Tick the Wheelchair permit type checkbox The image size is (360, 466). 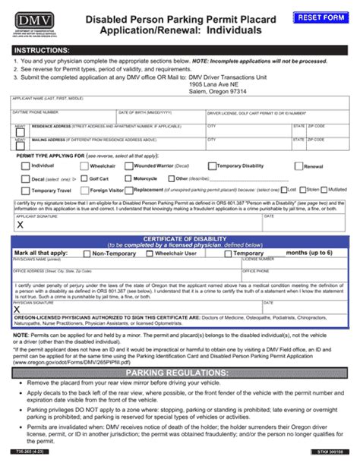pyautogui.click(x=84, y=165)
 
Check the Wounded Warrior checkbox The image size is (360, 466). pyautogui.click(x=128, y=165)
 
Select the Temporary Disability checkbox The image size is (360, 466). pyautogui.click(x=212, y=165)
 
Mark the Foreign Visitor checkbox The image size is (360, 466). pyautogui.click(x=84, y=190)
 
